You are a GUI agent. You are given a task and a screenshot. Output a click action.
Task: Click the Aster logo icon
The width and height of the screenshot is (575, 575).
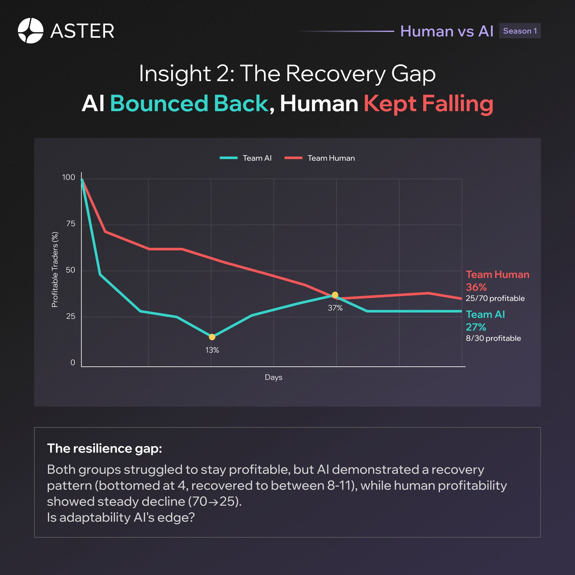pyautogui.click(x=30, y=31)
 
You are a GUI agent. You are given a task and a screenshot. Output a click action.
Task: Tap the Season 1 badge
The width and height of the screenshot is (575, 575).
pyautogui.click(x=520, y=31)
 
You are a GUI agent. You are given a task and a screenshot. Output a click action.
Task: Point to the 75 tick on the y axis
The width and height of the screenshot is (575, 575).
pyautogui.click(x=71, y=224)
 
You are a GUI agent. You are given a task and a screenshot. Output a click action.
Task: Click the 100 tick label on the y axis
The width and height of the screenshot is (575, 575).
pyautogui.click(x=68, y=177)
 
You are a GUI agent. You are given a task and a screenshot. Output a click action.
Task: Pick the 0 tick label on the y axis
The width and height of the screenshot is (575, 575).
pyautogui.click(x=73, y=363)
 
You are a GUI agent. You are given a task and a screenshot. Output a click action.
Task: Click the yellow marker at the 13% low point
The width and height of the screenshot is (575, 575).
pyautogui.click(x=212, y=337)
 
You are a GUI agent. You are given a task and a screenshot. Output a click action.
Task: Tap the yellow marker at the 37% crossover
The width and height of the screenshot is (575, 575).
pyautogui.click(x=335, y=295)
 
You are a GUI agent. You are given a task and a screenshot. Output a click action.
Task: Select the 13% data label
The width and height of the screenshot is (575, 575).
pyautogui.click(x=212, y=350)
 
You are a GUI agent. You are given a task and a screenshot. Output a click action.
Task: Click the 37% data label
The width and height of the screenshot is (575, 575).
pyautogui.click(x=335, y=308)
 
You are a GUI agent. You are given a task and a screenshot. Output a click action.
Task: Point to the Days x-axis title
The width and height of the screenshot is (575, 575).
pyautogui.click(x=273, y=377)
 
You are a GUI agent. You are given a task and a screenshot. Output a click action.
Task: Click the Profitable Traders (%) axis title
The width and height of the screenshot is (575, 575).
pyautogui.click(x=55, y=270)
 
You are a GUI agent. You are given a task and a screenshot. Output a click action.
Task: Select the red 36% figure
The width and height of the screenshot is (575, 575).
pyautogui.click(x=476, y=287)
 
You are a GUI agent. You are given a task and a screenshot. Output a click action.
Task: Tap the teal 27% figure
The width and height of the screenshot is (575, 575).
pyautogui.click(x=476, y=327)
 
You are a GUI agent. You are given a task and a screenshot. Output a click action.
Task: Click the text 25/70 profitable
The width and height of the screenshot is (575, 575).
pyautogui.click(x=495, y=298)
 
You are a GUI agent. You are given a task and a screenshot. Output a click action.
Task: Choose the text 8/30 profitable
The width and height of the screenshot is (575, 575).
pyautogui.click(x=493, y=338)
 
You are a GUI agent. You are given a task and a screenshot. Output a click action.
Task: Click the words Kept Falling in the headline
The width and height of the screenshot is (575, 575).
pyautogui.click(x=428, y=104)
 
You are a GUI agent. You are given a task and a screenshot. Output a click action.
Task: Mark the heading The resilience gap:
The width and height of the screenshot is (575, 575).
pyautogui.click(x=104, y=448)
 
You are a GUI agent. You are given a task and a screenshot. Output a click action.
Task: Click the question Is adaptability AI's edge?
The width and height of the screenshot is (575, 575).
pyautogui.click(x=121, y=517)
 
